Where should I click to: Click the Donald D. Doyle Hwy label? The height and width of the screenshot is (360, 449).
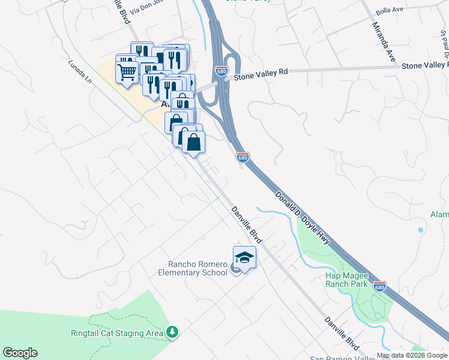point(303,217)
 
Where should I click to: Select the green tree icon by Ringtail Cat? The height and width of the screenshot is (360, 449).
point(172,332)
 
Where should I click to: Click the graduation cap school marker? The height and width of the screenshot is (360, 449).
point(244,258)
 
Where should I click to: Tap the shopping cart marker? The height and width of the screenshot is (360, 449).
point(127,72)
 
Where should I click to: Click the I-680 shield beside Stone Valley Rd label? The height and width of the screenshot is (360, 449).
point(221,71)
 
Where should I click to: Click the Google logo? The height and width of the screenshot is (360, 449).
point(20,353)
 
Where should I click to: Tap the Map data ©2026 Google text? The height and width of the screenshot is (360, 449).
point(412,355)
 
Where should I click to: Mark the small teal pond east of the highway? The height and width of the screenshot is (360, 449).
point(420,229)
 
